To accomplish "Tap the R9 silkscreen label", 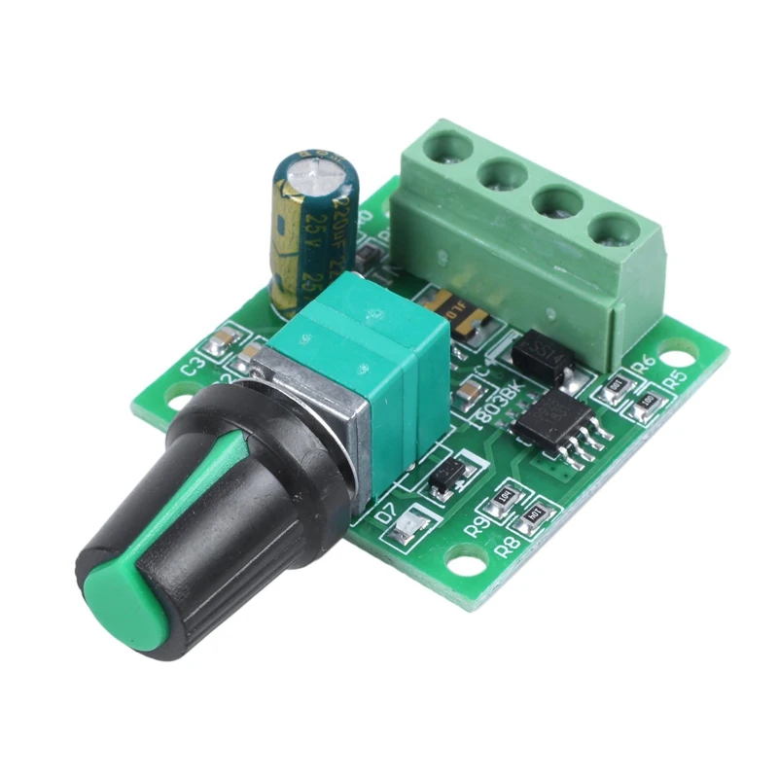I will click(x=478, y=526).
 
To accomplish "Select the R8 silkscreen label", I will click(x=507, y=546).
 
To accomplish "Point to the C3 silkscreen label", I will click(x=194, y=367).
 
